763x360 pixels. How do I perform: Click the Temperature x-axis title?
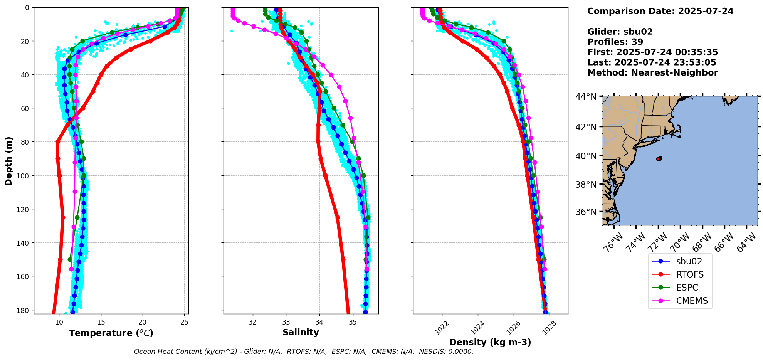click(x=111, y=333)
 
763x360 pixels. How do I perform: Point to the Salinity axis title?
click(x=301, y=332)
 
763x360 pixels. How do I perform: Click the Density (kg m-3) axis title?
click(x=490, y=342)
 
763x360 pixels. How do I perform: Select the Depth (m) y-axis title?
click(x=8, y=161)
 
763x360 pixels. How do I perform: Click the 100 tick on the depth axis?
click(x=24, y=176)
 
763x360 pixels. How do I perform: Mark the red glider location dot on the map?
click(x=659, y=159)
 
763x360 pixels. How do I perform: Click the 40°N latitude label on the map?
click(x=586, y=156)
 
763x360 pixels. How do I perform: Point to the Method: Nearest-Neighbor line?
click(x=652, y=73)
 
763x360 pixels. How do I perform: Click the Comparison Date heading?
click(x=660, y=11)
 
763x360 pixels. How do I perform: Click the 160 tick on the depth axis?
click(x=24, y=276)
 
